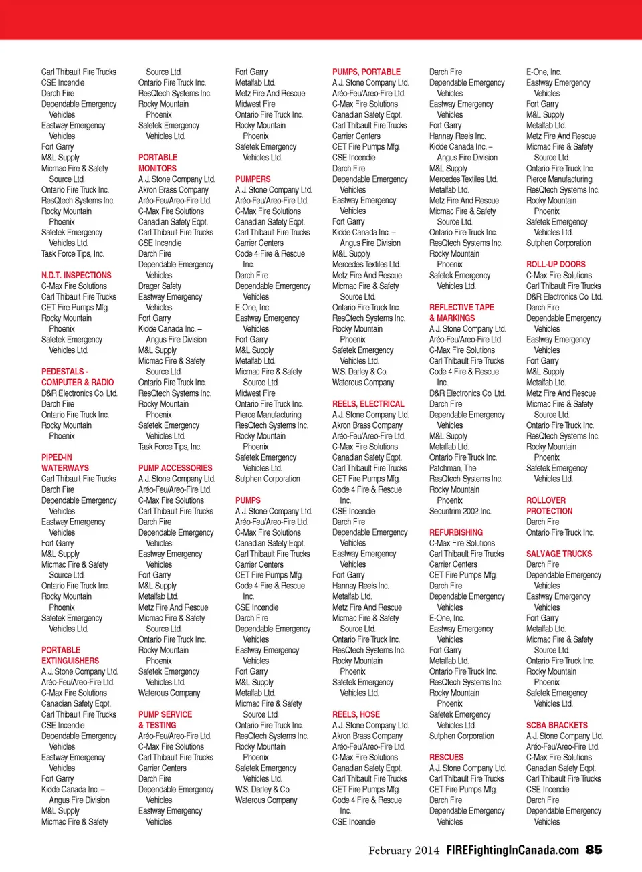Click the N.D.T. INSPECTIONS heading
(76, 275)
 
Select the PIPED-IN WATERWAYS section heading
(65, 463)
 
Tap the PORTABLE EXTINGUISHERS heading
(70, 655)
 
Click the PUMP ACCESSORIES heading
(175, 468)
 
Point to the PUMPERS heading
(253, 179)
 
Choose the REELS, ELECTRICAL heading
(368, 404)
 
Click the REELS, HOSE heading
(356, 714)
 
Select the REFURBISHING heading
(456, 532)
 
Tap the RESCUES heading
(446, 757)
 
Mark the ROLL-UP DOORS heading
(556, 264)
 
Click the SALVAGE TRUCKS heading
(559, 554)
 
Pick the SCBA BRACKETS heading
(557, 725)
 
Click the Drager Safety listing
(160, 286)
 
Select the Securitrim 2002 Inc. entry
(460, 511)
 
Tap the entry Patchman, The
(453, 468)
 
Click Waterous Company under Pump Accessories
(169, 693)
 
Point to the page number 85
(594, 850)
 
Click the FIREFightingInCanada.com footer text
(513, 851)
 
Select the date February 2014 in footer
(404, 851)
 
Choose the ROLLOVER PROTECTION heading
(550, 506)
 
